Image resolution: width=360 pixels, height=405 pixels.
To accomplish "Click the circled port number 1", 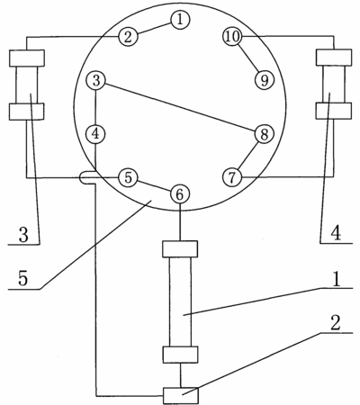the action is [x=180, y=20].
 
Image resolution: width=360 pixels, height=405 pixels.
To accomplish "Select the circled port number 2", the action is [x=128, y=37].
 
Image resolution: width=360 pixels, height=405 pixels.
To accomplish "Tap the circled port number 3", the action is [x=95, y=81].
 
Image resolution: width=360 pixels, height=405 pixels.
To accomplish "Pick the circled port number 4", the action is [x=95, y=134].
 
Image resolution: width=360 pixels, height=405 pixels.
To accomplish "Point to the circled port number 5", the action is [x=128, y=177].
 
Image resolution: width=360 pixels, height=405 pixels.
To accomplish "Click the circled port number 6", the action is [x=180, y=194].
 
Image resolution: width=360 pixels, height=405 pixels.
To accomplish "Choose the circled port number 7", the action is [x=232, y=177].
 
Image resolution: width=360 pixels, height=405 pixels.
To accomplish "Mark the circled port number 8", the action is [x=264, y=134].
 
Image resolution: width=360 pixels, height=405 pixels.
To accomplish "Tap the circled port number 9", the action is [x=265, y=80].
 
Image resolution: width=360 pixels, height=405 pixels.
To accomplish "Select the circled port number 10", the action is [x=232, y=36].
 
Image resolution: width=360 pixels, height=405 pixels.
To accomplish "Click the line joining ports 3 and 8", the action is [x=180, y=107].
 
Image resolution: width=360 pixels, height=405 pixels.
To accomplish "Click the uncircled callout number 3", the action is [x=23, y=235].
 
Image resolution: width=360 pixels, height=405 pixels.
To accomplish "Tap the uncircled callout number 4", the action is [x=337, y=233].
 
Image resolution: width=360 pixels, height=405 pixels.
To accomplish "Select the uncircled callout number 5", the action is [x=23, y=278].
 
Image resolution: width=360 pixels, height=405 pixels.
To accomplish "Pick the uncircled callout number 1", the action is [x=337, y=279].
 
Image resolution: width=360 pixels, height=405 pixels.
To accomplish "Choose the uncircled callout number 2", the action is [x=336, y=323].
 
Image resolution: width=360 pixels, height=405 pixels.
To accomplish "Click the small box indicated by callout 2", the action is [x=181, y=395].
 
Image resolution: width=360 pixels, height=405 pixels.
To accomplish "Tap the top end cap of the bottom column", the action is [x=180, y=249].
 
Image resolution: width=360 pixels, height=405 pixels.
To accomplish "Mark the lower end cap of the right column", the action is [x=334, y=111].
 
